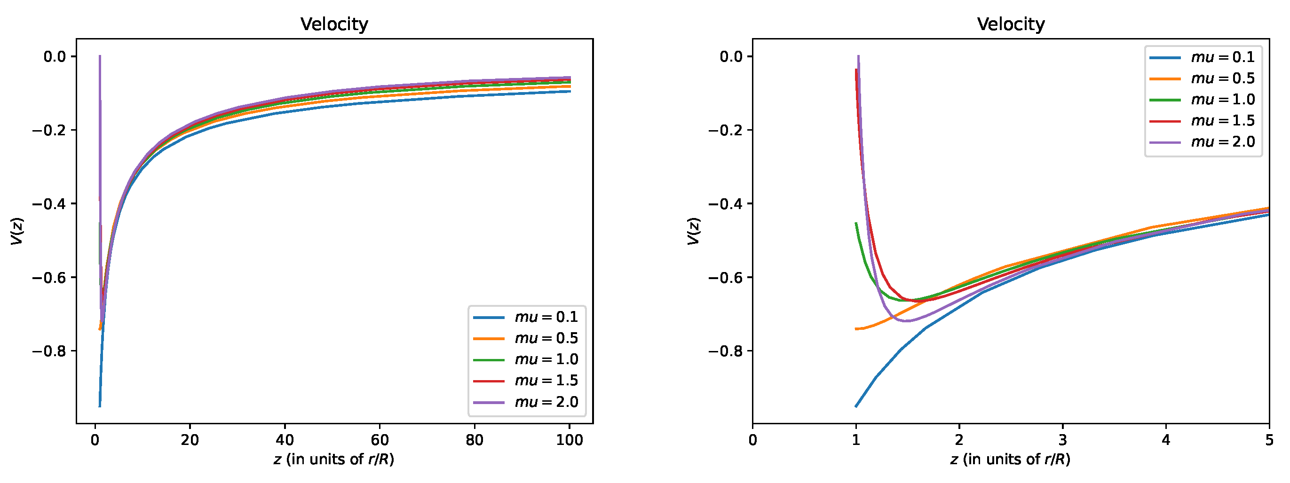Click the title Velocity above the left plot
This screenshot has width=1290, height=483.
[334, 24]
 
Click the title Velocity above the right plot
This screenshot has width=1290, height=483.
[1011, 24]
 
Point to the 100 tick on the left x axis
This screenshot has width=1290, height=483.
[570, 440]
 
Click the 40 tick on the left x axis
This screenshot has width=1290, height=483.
[285, 440]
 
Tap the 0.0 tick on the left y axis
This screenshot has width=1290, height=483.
[55, 56]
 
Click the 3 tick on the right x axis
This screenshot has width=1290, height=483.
[1063, 440]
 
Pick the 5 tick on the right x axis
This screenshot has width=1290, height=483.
[1269, 440]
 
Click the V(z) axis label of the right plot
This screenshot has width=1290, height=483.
[694, 231]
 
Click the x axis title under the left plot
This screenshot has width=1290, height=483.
[334, 460]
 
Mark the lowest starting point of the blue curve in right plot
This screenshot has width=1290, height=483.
[856, 406]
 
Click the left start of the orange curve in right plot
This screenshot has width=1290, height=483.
[856, 329]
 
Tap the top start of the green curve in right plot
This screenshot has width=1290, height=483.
[856, 223]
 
